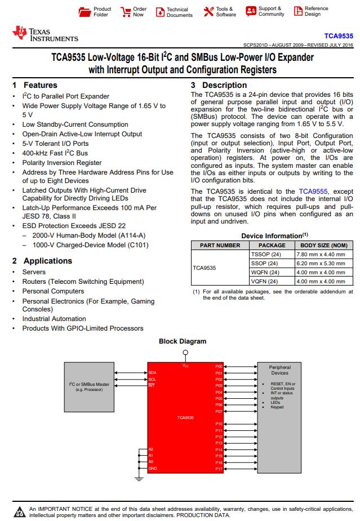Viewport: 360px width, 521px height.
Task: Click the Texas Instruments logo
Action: click(45, 34)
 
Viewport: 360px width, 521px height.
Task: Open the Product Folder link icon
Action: click(85, 12)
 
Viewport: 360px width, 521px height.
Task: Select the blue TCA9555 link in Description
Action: click(313, 192)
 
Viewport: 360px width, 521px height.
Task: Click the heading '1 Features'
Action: click(35, 85)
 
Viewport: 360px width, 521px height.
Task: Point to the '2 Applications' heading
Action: click(42, 261)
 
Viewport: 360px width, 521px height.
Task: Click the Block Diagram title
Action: click(183, 341)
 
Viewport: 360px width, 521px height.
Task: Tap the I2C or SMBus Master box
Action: click(89, 387)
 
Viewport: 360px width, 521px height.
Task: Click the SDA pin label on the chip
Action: click(152, 372)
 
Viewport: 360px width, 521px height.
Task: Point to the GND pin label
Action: click(152, 469)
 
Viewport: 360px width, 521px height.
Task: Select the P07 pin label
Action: click(219, 411)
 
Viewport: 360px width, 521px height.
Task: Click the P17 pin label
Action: click(219, 469)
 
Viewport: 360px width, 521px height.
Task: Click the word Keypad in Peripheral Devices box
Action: click(277, 407)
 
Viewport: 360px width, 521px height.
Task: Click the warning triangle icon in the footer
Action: click(20, 511)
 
